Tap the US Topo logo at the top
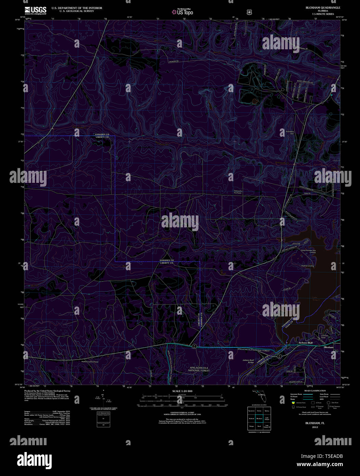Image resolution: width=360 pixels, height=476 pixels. point(183,12)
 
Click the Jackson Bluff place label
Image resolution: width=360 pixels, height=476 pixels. point(306,342)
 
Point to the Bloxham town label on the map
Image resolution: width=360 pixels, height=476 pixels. point(329,347)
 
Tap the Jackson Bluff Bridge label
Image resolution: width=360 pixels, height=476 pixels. point(248,361)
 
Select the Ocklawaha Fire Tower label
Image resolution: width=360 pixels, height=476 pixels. point(237,192)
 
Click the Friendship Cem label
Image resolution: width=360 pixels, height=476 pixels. point(290,132)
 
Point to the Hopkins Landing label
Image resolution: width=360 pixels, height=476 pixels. point(307,266)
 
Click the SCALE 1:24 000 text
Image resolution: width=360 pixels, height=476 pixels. point(182,391)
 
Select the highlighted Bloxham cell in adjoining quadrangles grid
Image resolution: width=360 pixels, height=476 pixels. point(259,418)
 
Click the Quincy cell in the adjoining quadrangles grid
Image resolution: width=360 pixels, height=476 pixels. point(267,411)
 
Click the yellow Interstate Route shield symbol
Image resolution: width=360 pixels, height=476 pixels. point(293,403)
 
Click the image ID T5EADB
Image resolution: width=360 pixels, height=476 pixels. point(332,456)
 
